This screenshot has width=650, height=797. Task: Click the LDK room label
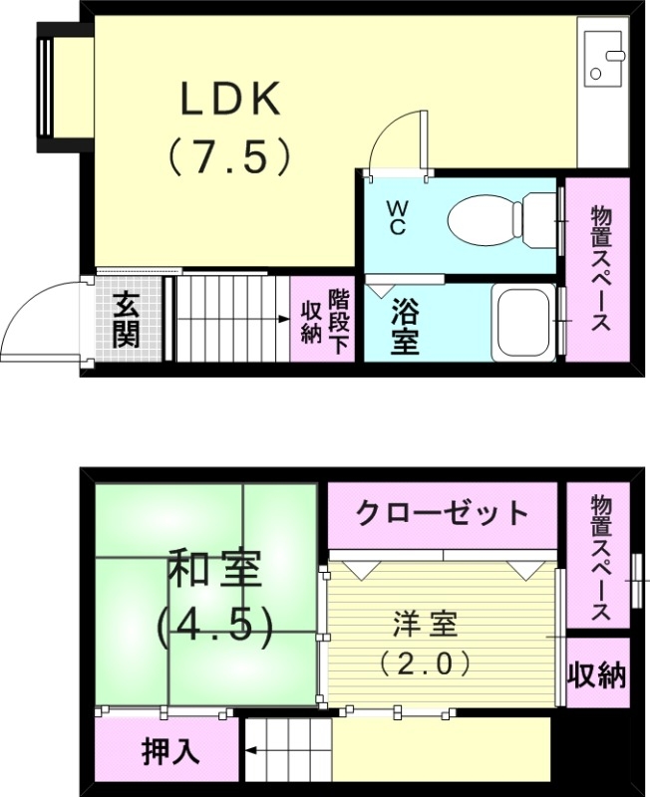(x=231, y=101)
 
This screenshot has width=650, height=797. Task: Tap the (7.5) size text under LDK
(x=230, y=156)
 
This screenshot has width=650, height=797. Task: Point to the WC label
(x=398, y=218)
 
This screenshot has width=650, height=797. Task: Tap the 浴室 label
(x=404, y=326)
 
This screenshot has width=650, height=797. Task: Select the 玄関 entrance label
(x=126, y=320)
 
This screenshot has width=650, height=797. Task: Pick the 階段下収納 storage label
(x=325, y=318)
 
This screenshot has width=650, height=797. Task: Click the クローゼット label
(x=442, y=513)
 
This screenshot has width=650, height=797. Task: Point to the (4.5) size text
(x=214, y=625)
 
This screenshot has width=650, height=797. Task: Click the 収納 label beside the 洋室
(x=596, y=675)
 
